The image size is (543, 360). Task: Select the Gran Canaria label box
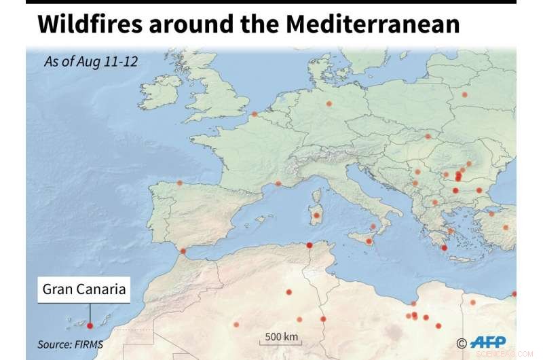pos(84,289)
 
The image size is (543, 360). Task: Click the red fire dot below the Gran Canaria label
pos(90,326)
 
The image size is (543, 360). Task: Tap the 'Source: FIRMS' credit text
pos(71,344)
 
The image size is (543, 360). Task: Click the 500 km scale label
pos(282,337)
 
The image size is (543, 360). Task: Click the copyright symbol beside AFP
pos(462,344)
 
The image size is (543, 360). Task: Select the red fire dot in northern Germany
pos(329,104)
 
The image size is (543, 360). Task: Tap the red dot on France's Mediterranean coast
pos(278,183)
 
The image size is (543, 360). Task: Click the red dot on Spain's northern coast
pos(179,183)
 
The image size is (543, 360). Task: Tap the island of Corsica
pos(315,196)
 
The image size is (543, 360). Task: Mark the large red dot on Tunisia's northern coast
pos(309,245)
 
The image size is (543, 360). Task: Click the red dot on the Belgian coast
pos(254,114)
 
